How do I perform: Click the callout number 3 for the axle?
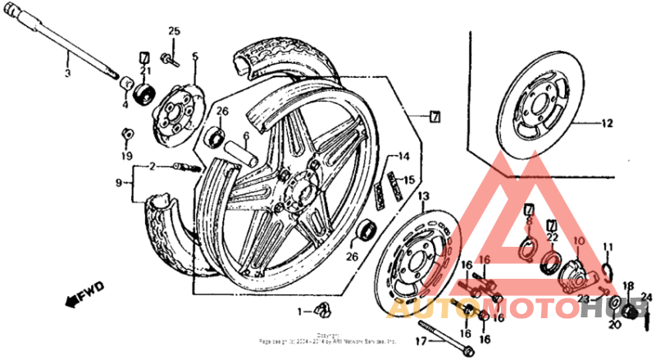pyautogui.click(x=68, y=73)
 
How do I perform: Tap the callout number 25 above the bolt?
pyautogui.click(x=174, y=31)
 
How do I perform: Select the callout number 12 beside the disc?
pyautogui.click(x=606, y=125)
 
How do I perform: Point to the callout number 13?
pyautogui.click(x=423, y=198)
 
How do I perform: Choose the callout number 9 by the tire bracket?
pyautogui.click(x=118, y=182)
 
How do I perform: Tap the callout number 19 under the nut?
pyautogui.click(x=126, y=155)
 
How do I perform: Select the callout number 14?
pyautogui.click(x=403, y=156)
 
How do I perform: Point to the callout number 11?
pyautogui.click(x=608, y=247)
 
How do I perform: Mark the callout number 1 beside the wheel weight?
pyautogui.click(x=300, y=312)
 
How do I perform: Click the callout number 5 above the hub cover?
pyautogui.click(x=195, y=57)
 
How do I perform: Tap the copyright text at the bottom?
pyautogui.click(x=328, y=338)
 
